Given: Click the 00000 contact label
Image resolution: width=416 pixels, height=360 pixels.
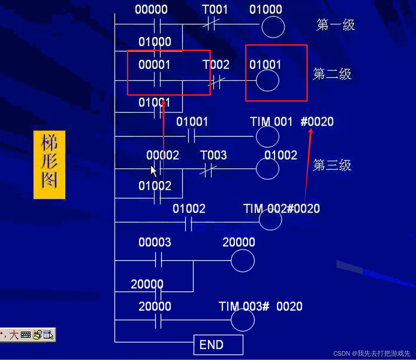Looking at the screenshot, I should point(151,10).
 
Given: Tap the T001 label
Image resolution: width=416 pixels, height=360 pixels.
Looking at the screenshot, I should point(214,10).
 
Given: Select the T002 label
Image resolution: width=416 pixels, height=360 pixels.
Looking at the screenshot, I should point(216,65).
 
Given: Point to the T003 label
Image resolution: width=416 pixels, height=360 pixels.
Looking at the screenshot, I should point(213,155).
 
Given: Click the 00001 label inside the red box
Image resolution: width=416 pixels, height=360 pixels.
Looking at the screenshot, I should point(154,65).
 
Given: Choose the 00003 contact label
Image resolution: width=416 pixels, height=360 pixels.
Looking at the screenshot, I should point(155,242).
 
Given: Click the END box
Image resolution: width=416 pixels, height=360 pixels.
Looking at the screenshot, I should point(218,345).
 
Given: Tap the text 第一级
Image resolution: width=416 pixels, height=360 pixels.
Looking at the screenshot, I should point(335,25).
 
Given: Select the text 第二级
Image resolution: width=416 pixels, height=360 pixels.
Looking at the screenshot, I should point(332,74).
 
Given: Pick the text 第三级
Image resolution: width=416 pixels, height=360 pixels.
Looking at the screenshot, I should point(332,165).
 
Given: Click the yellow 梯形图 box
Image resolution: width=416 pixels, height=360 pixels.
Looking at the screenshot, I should point(49,165).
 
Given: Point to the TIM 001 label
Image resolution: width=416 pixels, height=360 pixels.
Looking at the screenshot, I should point(271,122).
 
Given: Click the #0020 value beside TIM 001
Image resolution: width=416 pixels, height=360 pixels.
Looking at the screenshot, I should point(317,122).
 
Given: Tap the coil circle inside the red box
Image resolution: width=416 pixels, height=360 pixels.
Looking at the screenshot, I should point(267,81).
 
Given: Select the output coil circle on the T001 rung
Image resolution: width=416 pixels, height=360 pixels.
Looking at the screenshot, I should point(273,27).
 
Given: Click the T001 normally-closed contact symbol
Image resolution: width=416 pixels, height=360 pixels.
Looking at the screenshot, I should point(211,24).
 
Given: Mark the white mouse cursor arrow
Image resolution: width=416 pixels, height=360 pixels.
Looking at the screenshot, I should point(153,171).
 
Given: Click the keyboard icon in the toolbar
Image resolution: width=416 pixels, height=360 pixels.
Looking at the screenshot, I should point(26,335).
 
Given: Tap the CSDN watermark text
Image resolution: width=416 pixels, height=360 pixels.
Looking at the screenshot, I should point(372,353).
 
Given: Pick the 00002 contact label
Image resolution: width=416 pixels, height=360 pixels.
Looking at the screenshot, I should point(163,155).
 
